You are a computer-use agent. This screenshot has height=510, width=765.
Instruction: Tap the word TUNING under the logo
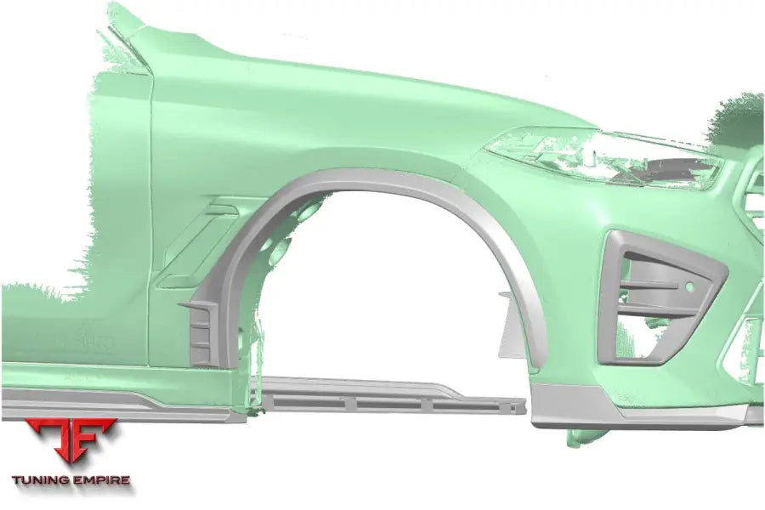(40, 480)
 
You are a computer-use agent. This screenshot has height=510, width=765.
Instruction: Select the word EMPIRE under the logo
(101, 480)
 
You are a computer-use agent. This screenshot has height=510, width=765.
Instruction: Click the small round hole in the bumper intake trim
(689, 287)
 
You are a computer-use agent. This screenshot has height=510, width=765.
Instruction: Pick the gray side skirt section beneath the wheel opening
(390, 395)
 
